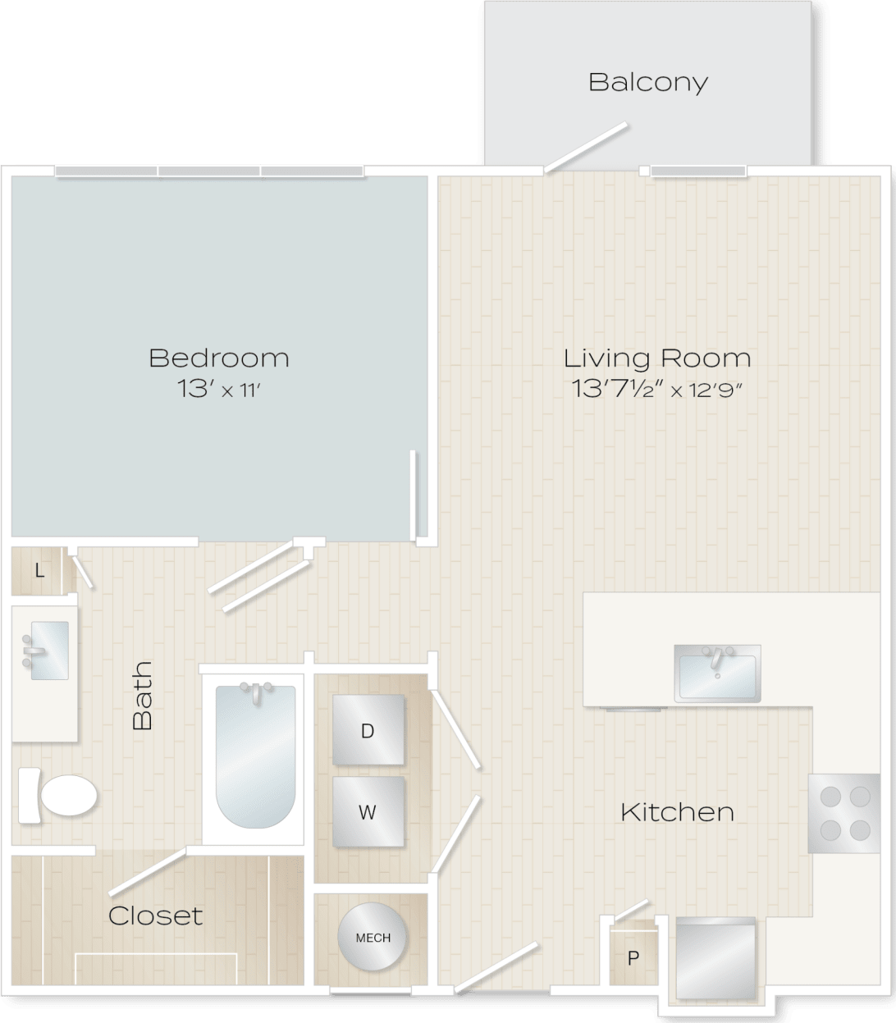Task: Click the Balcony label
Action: point(647,82)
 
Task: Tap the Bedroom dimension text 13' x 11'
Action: point(219,390)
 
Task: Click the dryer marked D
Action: point(368,731)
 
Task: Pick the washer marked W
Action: point(368,812)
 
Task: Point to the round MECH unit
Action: point(373,938)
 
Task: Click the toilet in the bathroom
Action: point(58,794)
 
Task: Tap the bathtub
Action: point(255,758)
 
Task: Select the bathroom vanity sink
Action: point(48,649)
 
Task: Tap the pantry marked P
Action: point(632,956)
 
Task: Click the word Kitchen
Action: point(677,812)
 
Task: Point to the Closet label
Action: point(155,915)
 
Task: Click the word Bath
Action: point(143,696)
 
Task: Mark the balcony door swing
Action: point(586,148)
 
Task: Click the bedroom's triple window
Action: point(209,171)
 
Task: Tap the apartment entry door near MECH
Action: point(496,968)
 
